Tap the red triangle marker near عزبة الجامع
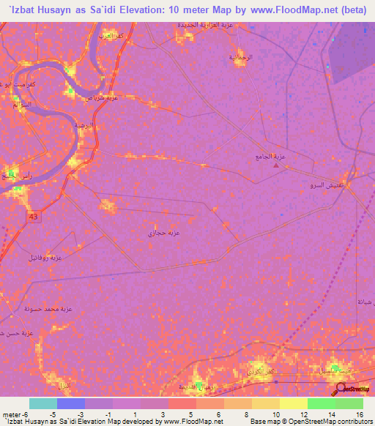point(276,165)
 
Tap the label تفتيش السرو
point(322,187)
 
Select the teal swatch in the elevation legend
point(43,403)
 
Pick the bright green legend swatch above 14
point(321,403)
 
